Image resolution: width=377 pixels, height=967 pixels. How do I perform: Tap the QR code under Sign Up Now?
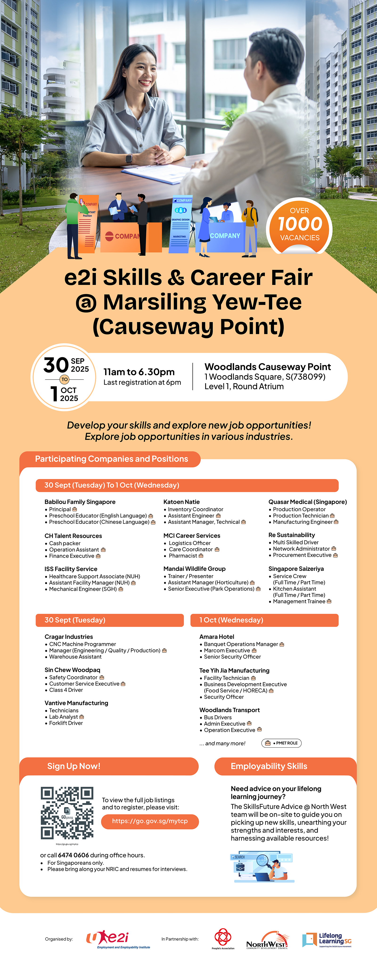tap(67, 813)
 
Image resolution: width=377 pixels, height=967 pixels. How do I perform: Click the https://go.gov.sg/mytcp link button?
tap(150, 821)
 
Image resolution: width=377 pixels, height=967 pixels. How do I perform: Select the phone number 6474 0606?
tap(74, 855)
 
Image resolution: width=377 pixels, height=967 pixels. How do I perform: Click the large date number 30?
tap(56, 365)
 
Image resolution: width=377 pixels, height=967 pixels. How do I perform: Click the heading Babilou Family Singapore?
tap(80, 502)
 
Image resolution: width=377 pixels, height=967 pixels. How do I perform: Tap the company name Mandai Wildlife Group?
tap(194, 569)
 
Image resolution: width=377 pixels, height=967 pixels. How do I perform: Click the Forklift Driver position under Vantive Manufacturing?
tap(66, 723)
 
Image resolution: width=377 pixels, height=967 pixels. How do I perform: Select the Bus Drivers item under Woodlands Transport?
tap(218, 717)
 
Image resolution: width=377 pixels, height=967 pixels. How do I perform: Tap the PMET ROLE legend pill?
tap(281, 743)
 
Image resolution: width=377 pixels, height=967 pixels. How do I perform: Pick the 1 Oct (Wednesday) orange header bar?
tap(264, 620)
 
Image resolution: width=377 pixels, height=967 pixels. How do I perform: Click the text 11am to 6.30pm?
tap(139, 372)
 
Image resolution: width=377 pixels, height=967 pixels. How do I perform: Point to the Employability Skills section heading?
tap(269, 766)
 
